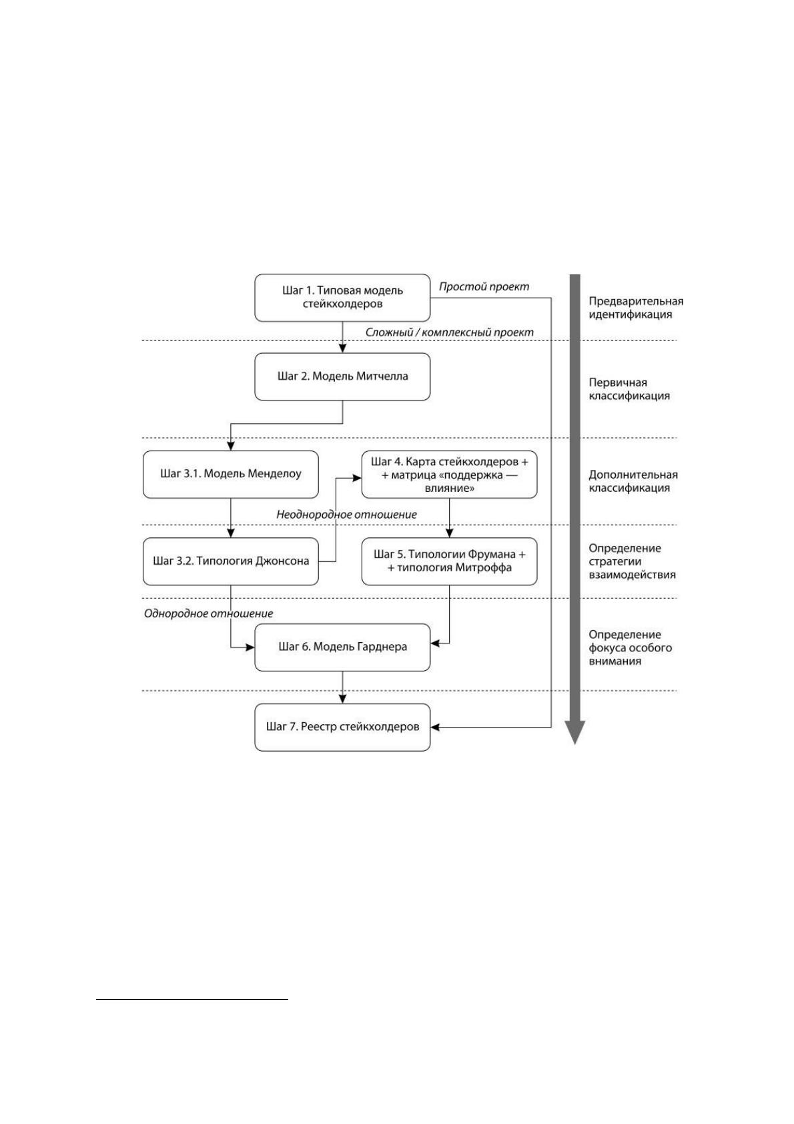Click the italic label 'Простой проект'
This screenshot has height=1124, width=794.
[x=484, y=286]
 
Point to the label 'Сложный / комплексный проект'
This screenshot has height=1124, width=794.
[x=449, y=332]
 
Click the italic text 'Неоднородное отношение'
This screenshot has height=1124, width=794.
[x=346, y=515]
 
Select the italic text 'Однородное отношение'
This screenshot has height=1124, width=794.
[x=209, y=613]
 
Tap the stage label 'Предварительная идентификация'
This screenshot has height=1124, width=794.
[x=635, y=308]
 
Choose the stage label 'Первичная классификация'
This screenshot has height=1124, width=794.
[x=629, y=389]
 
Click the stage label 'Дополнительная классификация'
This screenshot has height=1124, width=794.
[x=633, y=481]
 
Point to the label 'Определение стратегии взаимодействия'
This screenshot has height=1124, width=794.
[x=632, y=561]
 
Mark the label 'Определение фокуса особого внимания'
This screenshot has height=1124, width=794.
[x=630, y=648]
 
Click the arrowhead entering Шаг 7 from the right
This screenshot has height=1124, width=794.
[x=435, y=727]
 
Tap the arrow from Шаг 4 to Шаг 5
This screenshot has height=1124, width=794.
[x=450, y=518]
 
